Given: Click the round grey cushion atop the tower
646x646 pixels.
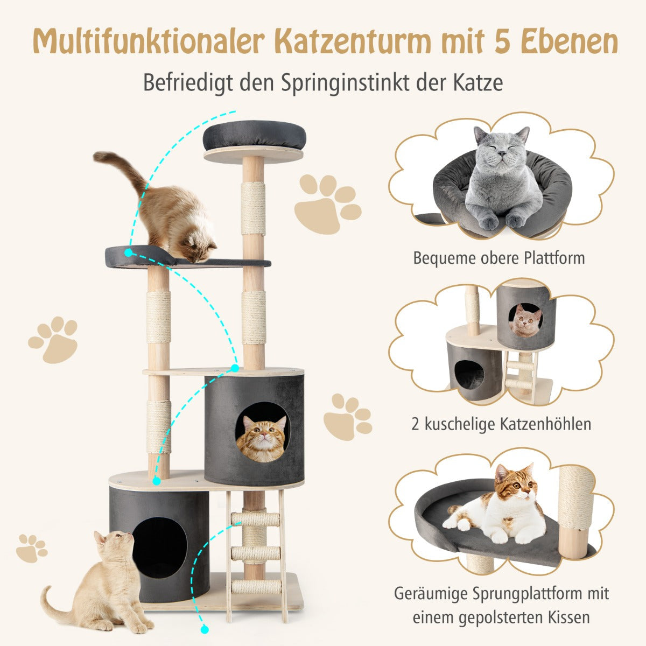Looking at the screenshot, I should (x=254, y=136).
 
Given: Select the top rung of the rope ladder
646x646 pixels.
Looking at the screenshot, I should (x=255, y=519).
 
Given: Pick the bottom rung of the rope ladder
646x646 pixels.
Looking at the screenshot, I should (x=255, y=586).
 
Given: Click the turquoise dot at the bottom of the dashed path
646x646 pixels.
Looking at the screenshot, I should (x=205, y=629).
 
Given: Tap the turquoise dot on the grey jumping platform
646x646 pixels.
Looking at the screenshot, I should (x=129, y=252).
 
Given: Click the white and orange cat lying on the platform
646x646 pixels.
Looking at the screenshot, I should (x=501, y=509).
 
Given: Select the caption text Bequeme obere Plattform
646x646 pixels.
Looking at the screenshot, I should (x=498, y=258).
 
